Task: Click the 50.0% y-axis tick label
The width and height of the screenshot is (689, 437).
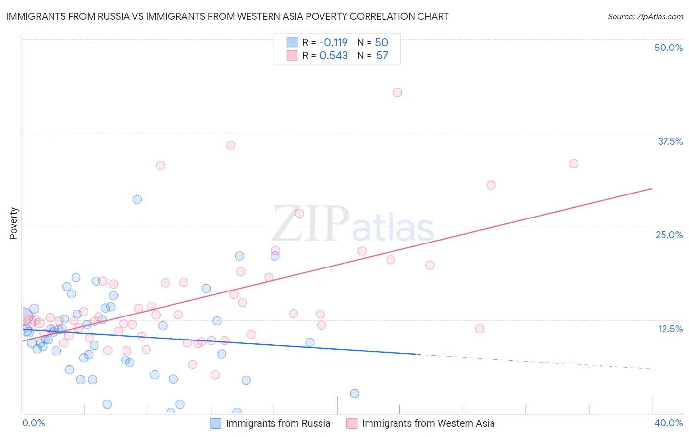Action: [x=668, y=48]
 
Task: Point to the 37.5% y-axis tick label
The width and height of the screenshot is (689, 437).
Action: [x=670, y=141]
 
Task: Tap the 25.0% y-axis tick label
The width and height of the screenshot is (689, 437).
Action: [x=669, y=235]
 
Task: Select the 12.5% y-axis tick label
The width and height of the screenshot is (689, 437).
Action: [x=670, y=329]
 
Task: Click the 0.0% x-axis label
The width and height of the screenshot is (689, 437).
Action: [x=33, y=423]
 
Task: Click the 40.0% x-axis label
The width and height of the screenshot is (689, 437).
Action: [x=668, y=423]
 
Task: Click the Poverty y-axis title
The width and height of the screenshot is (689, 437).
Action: [x=13, y=223]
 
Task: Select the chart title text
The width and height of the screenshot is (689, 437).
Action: [x=227, y=16]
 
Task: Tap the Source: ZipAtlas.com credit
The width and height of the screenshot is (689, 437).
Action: [x=645, y=17]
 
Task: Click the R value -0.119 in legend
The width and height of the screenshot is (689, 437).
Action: [x=333, y=42]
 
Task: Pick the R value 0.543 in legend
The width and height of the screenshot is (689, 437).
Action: [x=333, y=56]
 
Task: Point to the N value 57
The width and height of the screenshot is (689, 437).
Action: [x=382, y=56]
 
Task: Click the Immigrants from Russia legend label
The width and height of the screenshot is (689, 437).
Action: [x=278, y=423]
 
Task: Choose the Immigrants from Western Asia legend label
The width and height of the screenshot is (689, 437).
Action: [x=428, y=423]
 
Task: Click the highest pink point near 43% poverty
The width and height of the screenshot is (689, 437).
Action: [x=397, y=93]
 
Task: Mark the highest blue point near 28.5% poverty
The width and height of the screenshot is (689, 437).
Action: [x=137, y=199]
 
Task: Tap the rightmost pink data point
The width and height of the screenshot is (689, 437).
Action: [x=574, y=164]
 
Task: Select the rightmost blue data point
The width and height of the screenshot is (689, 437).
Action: [x=355, y=394]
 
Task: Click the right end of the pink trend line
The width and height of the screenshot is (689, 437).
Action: [x=652, y=188]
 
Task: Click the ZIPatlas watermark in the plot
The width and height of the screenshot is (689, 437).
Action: [x=353, y=224]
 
